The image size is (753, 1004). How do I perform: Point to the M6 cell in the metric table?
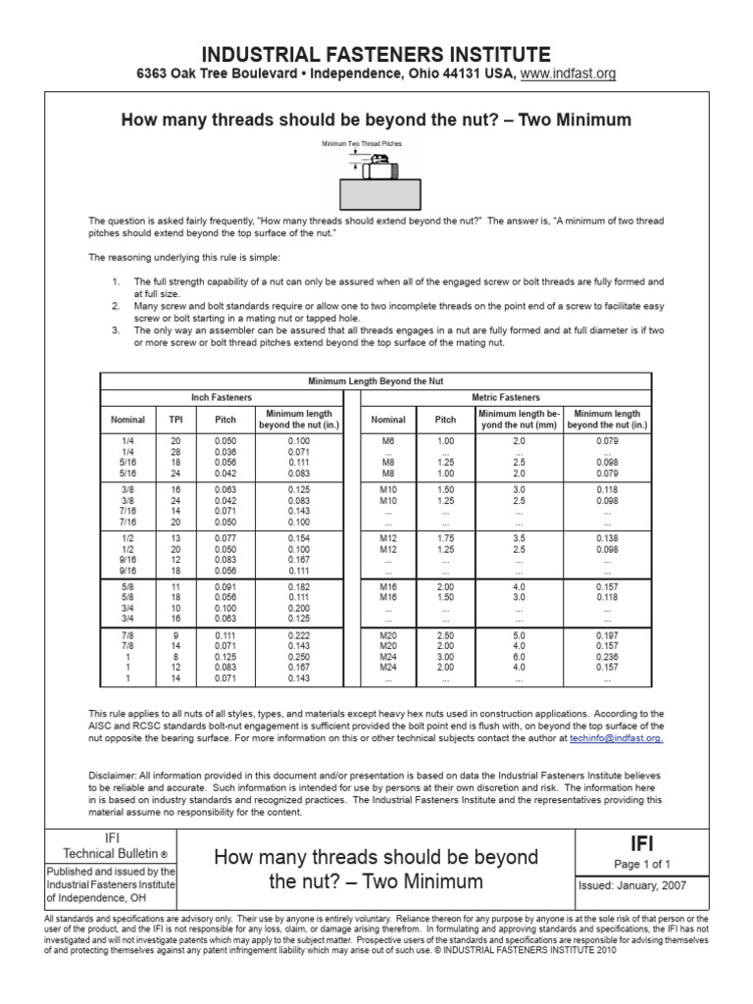pos(386,441)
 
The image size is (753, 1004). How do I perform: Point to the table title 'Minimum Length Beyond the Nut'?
pos(376,380)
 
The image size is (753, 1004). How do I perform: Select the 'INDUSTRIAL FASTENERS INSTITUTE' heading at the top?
pos(376,53)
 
